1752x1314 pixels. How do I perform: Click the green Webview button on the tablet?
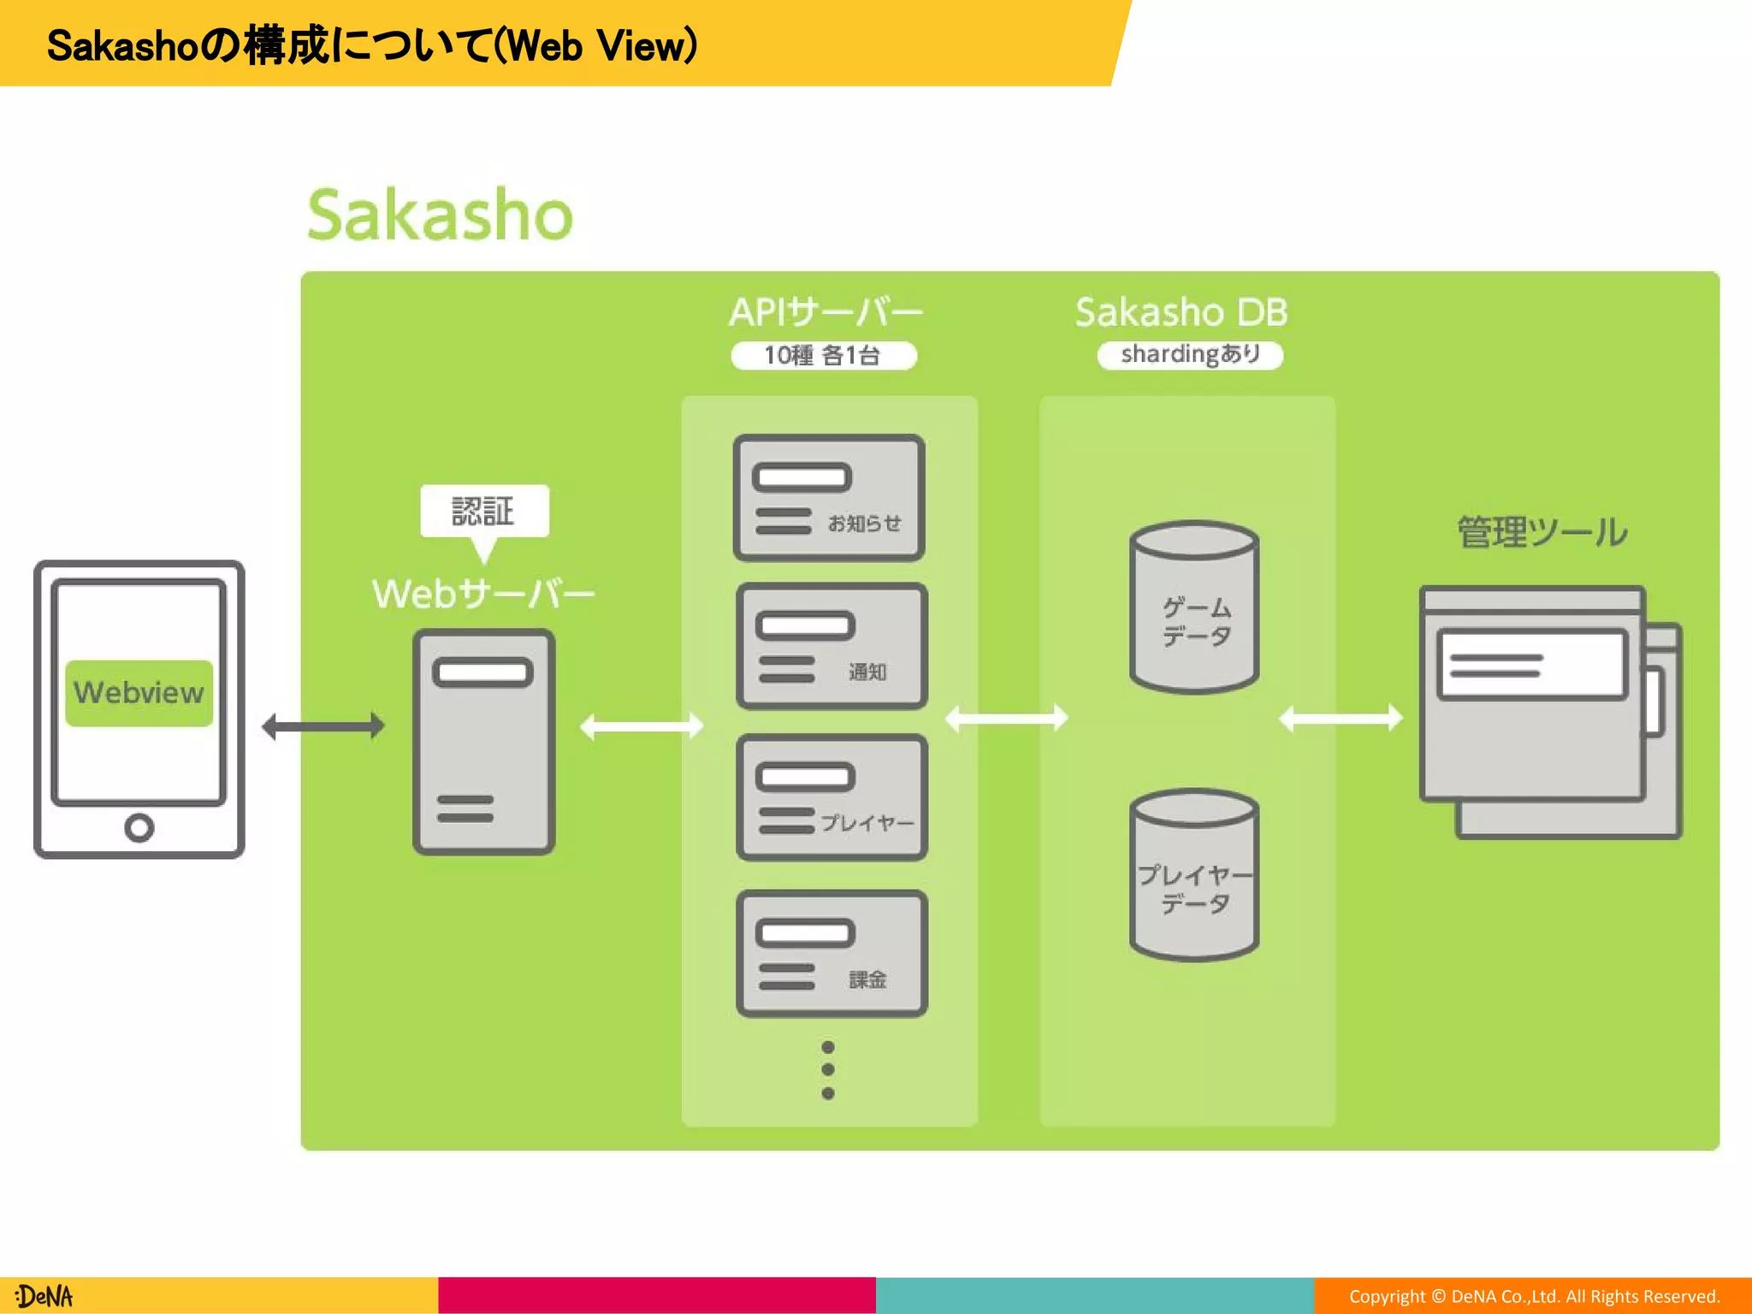(139, 693)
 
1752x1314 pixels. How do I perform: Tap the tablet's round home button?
(139, 827)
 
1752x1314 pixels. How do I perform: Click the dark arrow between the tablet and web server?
(323, 726)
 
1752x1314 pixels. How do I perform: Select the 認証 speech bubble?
(484, 512)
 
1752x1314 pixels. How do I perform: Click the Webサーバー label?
(483, 594)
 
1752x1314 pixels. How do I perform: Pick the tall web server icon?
(484, 742)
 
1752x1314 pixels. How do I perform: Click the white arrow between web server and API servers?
(642, 726)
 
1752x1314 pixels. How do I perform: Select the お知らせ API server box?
(829, 498)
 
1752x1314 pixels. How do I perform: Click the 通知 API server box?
(832, 647)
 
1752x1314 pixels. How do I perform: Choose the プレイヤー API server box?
(832, 797)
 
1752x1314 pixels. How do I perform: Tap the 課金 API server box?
(832, 953)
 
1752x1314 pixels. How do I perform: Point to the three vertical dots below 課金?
(827, 1070)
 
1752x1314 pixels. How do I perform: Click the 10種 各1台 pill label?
(823, 355)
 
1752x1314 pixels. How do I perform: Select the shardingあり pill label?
(1190, 354)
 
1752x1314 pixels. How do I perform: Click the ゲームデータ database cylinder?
(1194, 607)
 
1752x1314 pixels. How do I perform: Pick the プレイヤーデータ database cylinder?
(1194, 875)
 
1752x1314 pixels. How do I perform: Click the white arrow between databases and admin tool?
(1341, 719)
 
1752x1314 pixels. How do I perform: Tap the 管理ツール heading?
(1542, 532)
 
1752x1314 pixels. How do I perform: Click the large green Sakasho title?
(440, 215)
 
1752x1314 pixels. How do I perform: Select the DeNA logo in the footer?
(44, 1296)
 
